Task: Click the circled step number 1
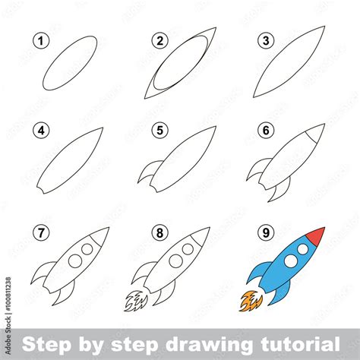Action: (x=39, y=41)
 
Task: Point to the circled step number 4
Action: (x=39, y=131)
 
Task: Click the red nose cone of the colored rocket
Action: (x=317, y=235)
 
